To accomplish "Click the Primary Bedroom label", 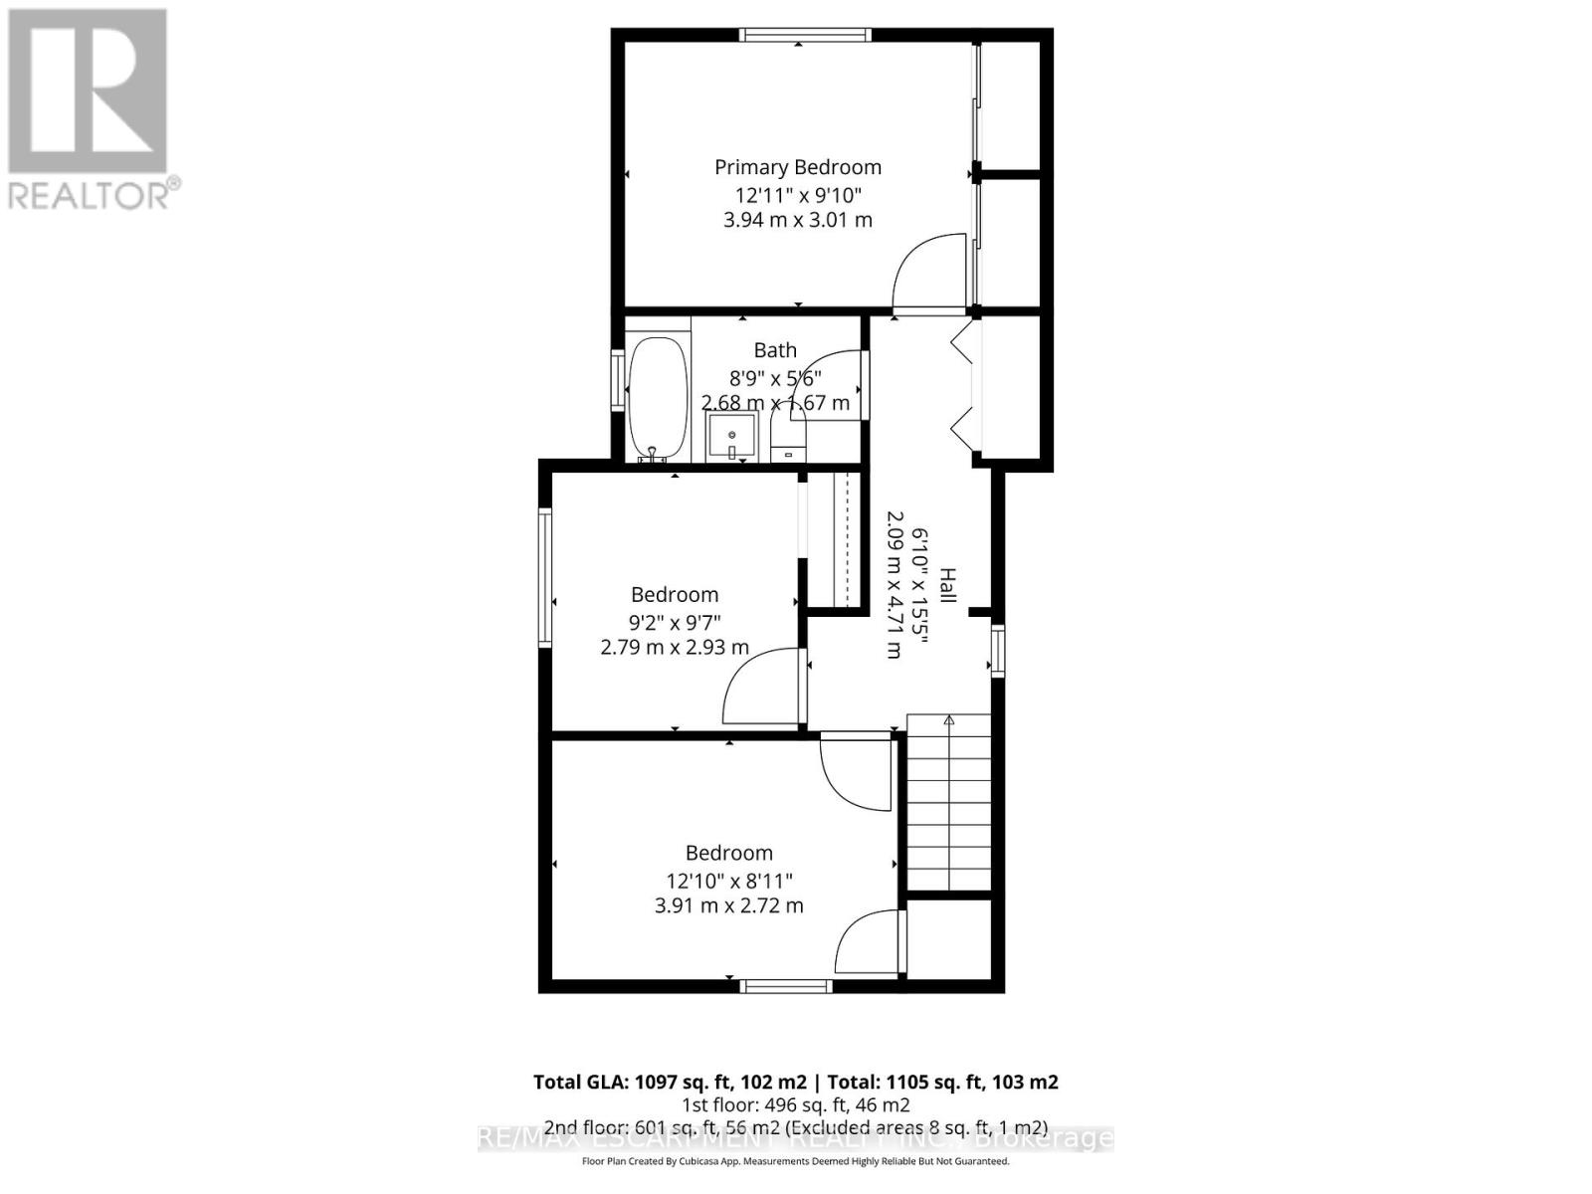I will coord(798,167).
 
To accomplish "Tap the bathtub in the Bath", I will coord(658,398).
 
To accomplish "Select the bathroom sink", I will coord(731,438).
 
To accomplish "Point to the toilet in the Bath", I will coord(788,438).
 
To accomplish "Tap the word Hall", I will coord(947,585).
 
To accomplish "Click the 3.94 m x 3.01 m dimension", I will coord(798,220).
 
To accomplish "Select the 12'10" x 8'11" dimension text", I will coord(729,881).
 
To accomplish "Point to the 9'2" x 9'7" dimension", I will coord(675,623).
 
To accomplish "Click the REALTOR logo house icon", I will coord(88,92).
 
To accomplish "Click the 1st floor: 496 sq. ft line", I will coord(795,1105).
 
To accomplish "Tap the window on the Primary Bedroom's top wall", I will coord(806,35).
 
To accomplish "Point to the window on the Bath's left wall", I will coord(618,381).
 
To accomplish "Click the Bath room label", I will coord(775,350).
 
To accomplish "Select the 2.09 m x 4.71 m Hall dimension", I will coord(894,585).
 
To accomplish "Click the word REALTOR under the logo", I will coord(90,195).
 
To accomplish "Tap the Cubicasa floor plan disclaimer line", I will coord(795,1161).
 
